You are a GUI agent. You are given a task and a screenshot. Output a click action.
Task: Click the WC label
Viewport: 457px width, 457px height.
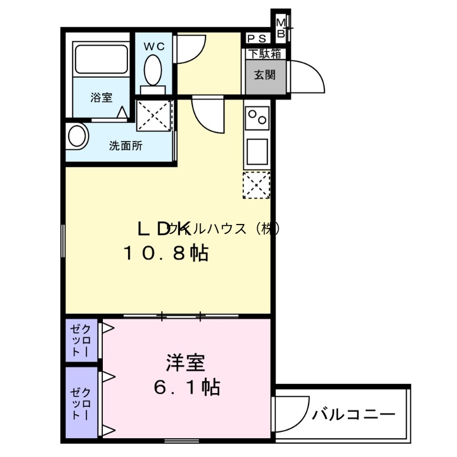click(154, 46)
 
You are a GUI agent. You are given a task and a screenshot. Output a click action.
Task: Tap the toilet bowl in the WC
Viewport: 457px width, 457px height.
click(153, 70)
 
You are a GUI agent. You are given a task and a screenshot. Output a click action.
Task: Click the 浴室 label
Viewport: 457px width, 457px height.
click(101, 98)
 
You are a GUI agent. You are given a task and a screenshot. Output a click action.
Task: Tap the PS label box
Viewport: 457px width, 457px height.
click(256, 39)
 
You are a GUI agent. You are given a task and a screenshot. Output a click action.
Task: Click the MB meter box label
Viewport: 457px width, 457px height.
click(280, 27)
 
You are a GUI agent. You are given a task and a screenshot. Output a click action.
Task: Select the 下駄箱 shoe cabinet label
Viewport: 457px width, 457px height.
click(264, 54)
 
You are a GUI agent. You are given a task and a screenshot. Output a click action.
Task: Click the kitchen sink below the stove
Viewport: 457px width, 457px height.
click(256, 150)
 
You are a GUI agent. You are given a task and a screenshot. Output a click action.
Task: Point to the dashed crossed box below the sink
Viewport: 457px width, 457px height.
click(256, 184)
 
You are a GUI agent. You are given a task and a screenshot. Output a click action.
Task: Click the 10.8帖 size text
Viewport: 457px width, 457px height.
click(166, 253)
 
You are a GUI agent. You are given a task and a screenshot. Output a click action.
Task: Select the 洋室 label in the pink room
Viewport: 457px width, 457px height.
click(186, 362)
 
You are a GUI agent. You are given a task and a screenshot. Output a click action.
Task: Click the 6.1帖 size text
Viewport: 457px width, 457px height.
click(186, 388)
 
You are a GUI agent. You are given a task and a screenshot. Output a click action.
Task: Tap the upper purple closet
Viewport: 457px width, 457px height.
click(82, 340)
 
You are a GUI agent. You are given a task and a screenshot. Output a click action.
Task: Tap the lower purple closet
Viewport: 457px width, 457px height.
click(82, 402)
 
